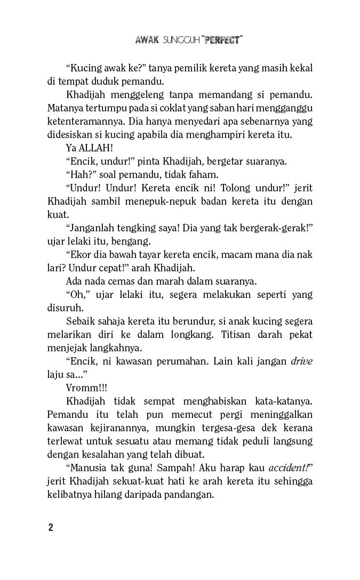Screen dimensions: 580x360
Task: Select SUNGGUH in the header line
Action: (181, 41)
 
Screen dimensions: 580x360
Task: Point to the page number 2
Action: (50, 528)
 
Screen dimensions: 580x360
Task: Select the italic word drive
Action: (302, 361)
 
